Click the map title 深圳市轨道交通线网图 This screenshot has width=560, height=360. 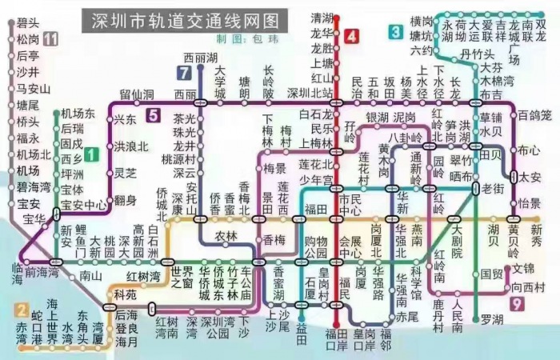pyautogui.click(x=181, y=19)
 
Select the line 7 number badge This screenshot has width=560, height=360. pyautogui.click(x=185, y=74)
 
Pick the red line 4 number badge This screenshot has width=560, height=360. pyautogui.click(x=352, y=36)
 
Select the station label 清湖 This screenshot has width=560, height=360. pyautogui.click(x=322, y=17)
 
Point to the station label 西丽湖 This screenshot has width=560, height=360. pyautogui.click(x=200, y=58)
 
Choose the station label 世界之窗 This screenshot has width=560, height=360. pyautogui.click(x=182, y=277)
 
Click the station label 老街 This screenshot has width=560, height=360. pyautogui.click(x=493, y=188)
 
